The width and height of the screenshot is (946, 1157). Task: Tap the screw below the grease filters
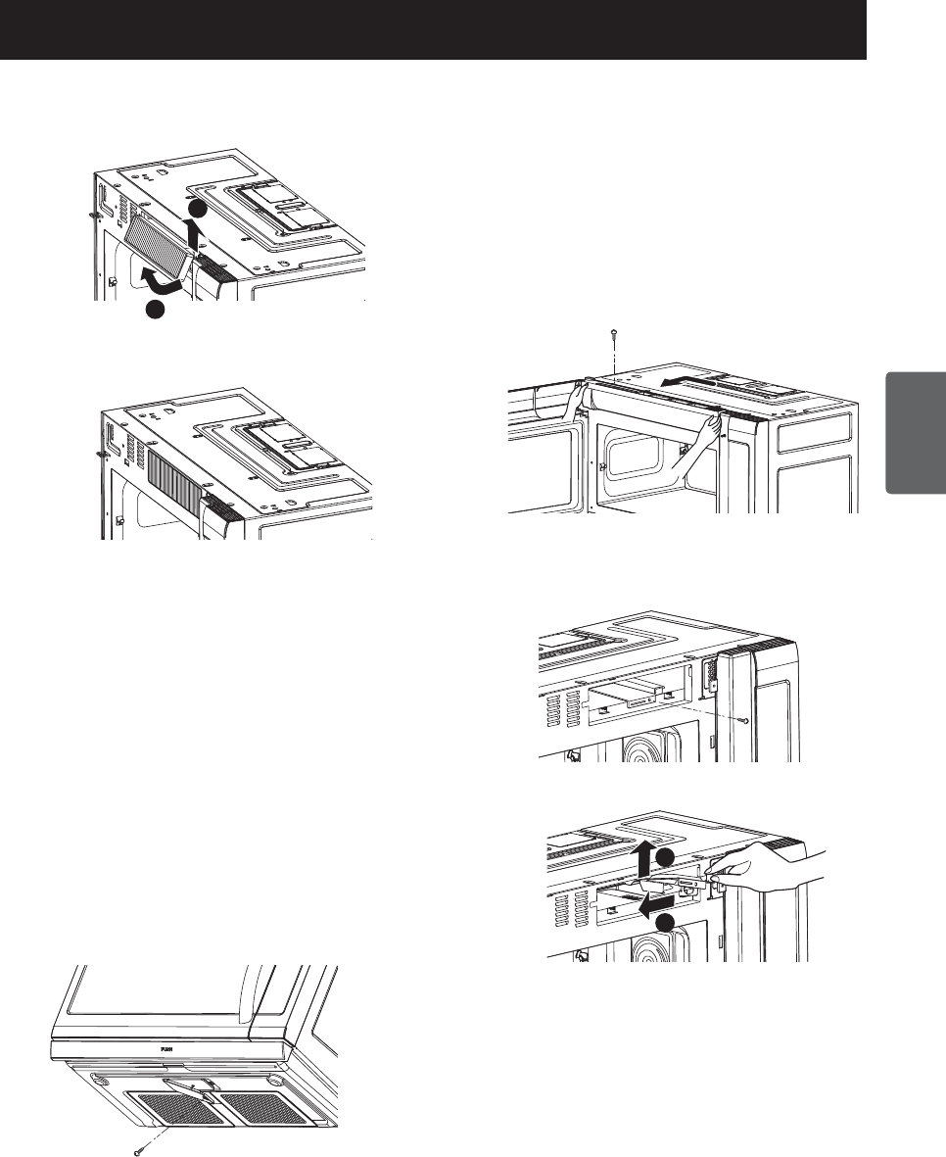(x=136, y=1149)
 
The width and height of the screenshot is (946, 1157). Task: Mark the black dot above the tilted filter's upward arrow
(x=198, y=209)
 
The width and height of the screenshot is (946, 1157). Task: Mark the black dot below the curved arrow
(x=154, y=311)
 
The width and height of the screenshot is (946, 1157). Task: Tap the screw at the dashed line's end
(x=749, y=719)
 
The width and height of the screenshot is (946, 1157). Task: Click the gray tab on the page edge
(x=915, y=432)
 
